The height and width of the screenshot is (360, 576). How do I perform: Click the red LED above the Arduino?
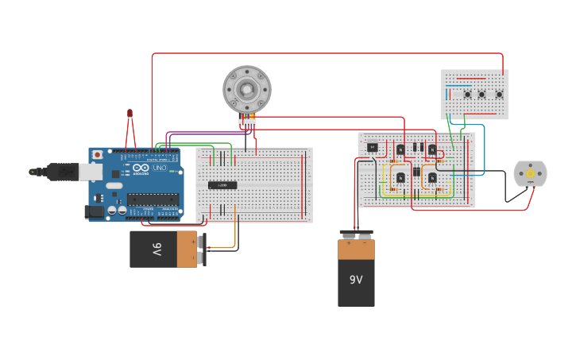point(130,114)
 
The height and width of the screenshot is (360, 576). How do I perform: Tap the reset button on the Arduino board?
point(98,154)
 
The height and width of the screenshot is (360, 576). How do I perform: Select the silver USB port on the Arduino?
point(91,172)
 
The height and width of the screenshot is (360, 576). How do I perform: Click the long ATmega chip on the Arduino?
point(153,199)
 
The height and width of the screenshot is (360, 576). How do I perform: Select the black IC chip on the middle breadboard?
point(222,185)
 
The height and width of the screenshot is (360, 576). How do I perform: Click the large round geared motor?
point(247,88)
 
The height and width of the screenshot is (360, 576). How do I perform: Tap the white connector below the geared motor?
point(247,122)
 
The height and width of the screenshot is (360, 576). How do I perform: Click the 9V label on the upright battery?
point(356,280)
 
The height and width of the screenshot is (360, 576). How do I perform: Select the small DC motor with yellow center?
point(530,174)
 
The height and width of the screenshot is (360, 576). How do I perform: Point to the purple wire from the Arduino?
point(207,133)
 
